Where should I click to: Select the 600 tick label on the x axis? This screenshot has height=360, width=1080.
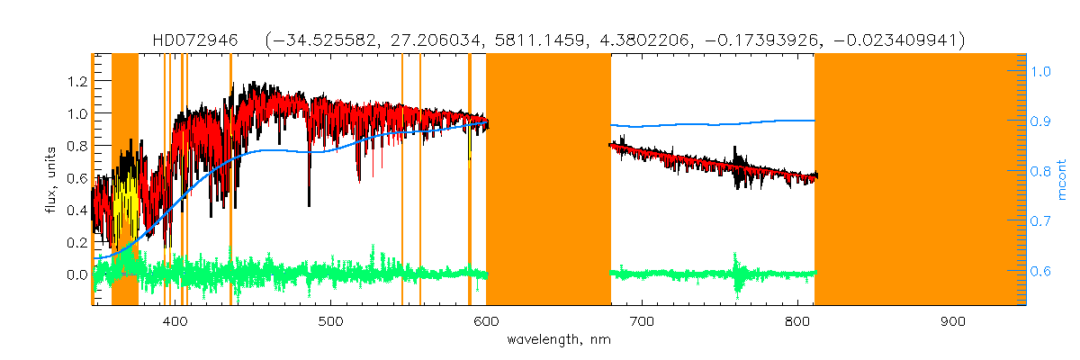click(x=486, y=321)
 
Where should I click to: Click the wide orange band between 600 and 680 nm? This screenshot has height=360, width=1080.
click(x=548, y=180)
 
